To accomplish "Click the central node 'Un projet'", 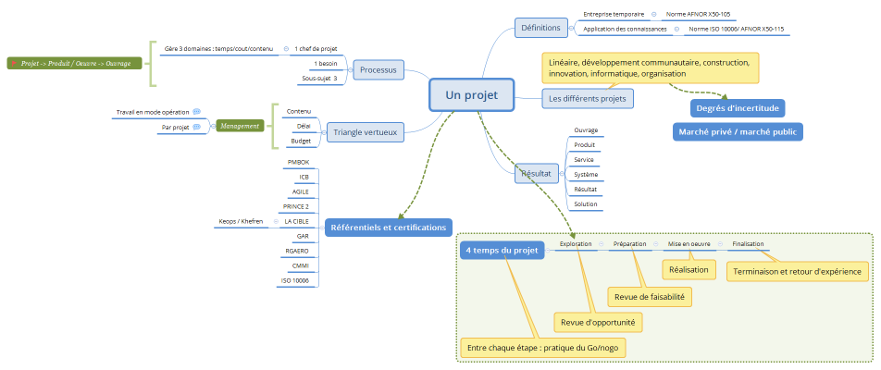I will point(471,95).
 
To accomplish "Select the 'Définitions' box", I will point(540,28).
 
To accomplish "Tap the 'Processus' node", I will point(378,70).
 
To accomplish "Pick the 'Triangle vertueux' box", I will point(365,133).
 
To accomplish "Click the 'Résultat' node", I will point(536,173).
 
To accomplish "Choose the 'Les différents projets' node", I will point(587,98).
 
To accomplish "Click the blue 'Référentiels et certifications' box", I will point(388,227).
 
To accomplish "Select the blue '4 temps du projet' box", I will point(502,251).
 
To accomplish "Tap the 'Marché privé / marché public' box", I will point(737,131).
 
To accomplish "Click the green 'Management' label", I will point(241,126).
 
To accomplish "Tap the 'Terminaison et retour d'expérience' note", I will point(797,271).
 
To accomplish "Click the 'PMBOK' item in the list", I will point(298,162).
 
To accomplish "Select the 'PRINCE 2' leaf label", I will point(296,206).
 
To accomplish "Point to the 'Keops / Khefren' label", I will point(241,222).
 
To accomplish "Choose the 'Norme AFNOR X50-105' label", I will point(698,15).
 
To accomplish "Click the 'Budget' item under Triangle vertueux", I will point(301,141).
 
